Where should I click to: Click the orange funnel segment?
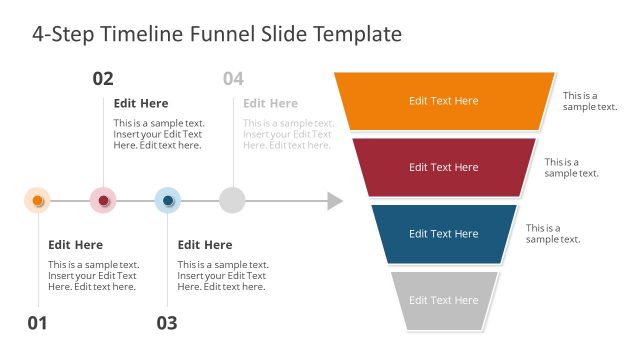pos(444,100)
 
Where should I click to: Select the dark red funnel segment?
pos(444,167)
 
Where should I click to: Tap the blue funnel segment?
pos(444,233)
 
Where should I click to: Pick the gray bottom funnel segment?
pos(444,300)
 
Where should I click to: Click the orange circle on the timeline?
pos(37,201)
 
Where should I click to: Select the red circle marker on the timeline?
pos(103,201)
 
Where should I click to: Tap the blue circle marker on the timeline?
pos(168,201)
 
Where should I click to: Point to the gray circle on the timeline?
pos(232,201)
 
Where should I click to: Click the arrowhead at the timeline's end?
pos(335,201)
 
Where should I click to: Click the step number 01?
pos(37,323)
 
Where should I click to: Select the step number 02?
pos(103,79)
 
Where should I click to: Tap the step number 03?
pos(167,323)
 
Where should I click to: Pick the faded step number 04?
pos(233,79)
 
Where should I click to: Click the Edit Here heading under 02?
pos(141,103)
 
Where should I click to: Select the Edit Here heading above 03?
pos(205,245)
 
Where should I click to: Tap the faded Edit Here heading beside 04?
pos(270,103)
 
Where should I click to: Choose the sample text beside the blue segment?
pos(553,233)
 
